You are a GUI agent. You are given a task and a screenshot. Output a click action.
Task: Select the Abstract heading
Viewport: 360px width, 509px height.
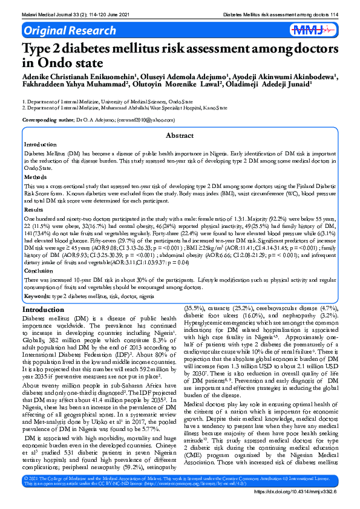pyautogui.click(x=180, y=136)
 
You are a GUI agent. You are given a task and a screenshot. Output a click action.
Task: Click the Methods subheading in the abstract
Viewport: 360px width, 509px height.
pyautogui.click(x=36, y=177)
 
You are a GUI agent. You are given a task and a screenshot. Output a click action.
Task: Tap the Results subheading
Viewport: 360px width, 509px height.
pyautogui.click(x=34, y=209)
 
